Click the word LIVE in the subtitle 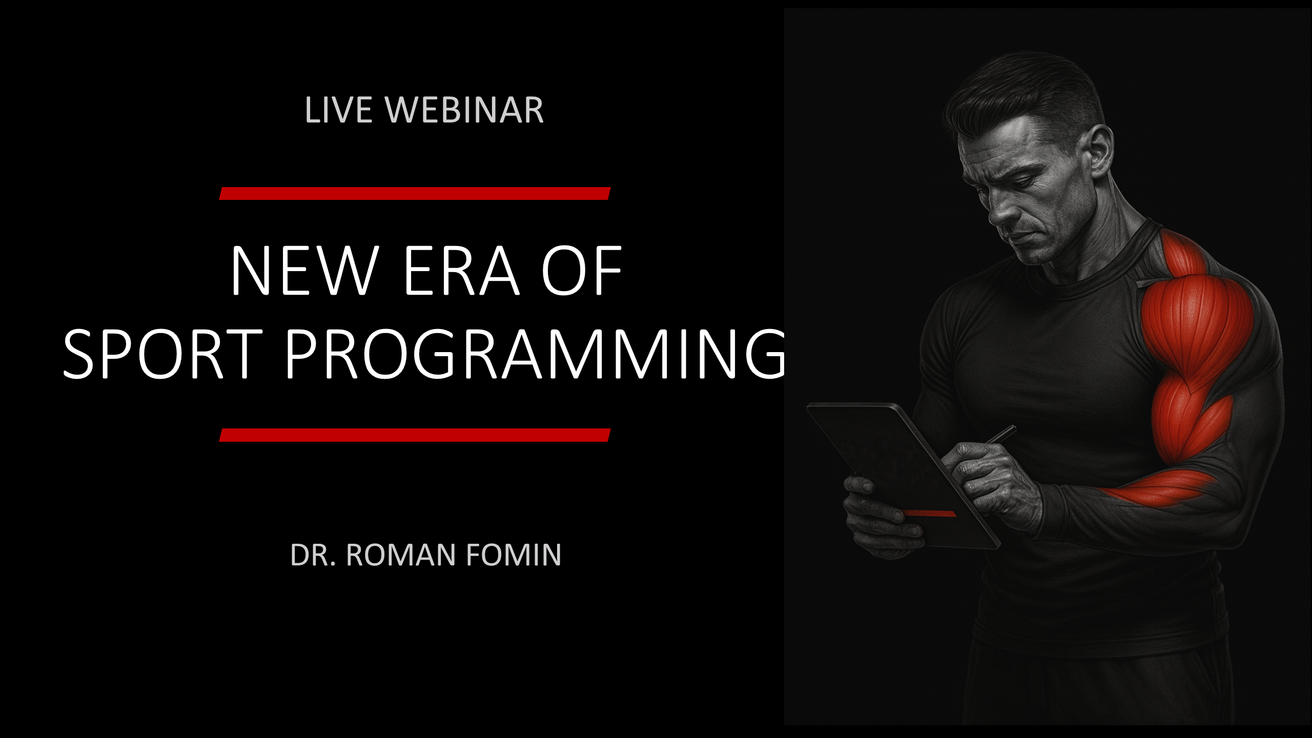pyautogui.click(x=338, y=110)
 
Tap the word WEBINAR pyautogui.click(x=464, y=110)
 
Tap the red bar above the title pyautogui.click(x=415, y=193)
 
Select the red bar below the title pyautogui.click(x=415, y=435)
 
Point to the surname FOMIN pyautogui.click(x=514, y=555)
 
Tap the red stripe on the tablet pyautogui.click(x=930, y=514)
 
